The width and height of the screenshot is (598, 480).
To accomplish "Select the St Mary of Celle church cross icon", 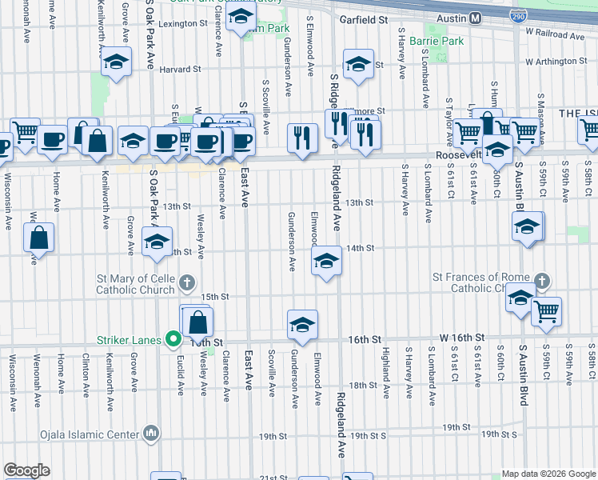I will tap(187, 282).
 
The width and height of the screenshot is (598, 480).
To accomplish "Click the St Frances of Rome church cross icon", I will tap(542, 282).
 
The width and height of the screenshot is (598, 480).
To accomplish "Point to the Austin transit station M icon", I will tap(475, 18).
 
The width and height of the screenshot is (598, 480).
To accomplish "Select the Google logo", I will tap(26, 470).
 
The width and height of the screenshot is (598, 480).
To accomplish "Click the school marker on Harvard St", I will tap(117, 63).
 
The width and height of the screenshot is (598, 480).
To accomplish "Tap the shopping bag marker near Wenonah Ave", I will tap(38, 238).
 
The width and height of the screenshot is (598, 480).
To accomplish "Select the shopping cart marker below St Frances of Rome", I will tap(547, 312).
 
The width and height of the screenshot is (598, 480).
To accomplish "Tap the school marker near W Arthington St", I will tap(358, 65).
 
